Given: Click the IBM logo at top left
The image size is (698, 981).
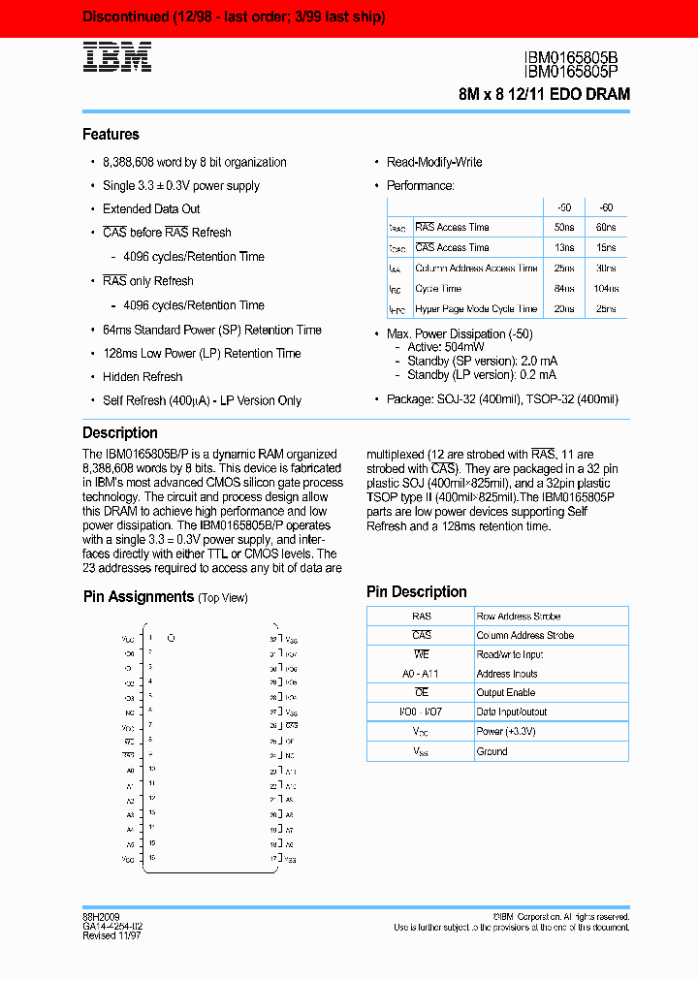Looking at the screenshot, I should point(116,57).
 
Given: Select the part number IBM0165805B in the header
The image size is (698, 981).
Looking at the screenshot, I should point(577,58).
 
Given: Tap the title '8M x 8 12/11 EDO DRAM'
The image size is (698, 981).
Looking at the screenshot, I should point(544,94).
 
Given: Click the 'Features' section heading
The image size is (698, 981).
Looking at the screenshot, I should point(111,135).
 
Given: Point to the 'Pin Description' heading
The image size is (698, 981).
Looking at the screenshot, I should point(416,591).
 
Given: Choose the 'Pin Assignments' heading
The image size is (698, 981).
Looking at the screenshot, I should point(139,597).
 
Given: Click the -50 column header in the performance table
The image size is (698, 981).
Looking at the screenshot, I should point(563,207).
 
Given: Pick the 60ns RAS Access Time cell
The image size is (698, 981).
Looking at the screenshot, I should point(607,228).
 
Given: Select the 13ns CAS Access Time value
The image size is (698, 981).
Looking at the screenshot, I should point(563,248).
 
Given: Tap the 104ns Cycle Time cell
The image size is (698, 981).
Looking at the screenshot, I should point(607,289).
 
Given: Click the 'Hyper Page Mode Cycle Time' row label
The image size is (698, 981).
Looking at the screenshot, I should point(475,309).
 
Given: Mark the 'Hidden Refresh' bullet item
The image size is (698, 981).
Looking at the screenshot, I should point(143,377).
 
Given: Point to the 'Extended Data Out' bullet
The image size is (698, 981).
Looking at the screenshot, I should point(151,209).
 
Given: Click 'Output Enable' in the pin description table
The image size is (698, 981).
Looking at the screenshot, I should point(505,693).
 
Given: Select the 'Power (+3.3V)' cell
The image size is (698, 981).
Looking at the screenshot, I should point(503,732).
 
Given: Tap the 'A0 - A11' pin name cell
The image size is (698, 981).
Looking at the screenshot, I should point(420,674).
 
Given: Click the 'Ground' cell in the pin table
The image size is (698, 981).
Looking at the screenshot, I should point(492,751).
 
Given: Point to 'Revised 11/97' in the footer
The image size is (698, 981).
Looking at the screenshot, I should point(112,936).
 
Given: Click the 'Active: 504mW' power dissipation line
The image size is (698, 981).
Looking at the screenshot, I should point(439,347).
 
